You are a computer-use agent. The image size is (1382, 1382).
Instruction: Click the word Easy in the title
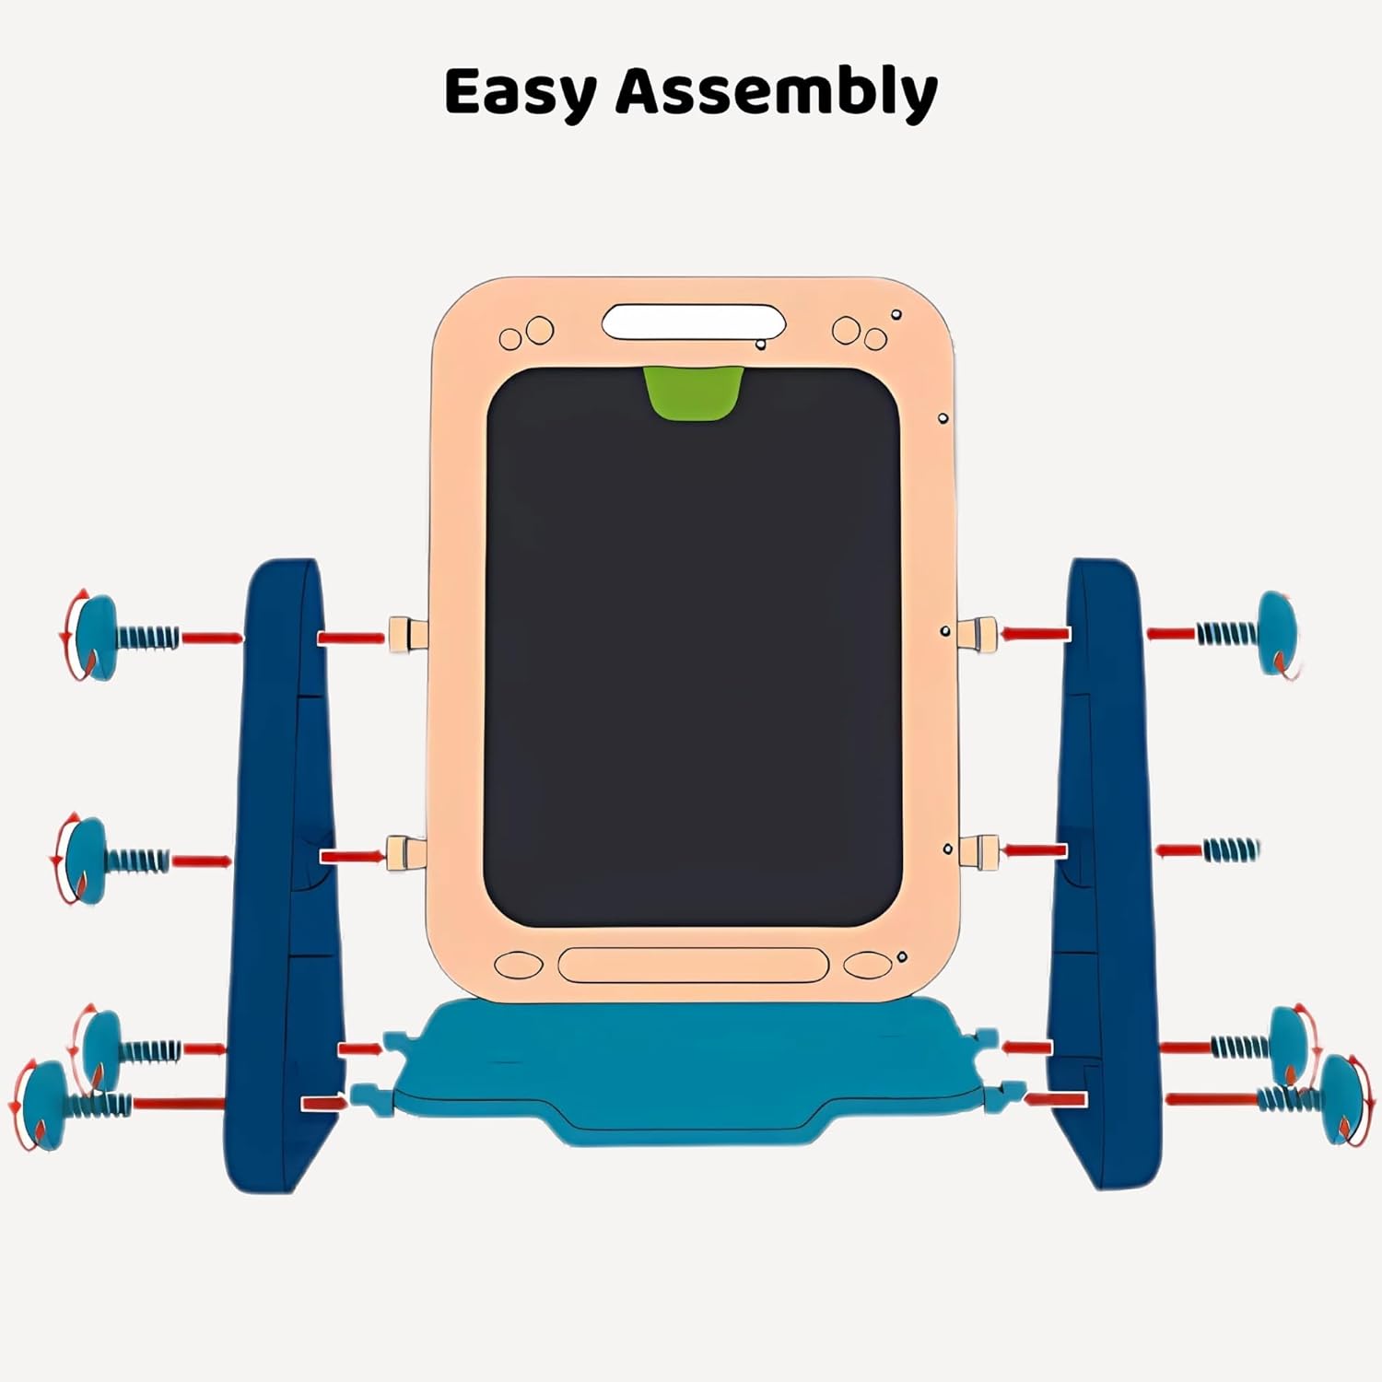tap(521, 93)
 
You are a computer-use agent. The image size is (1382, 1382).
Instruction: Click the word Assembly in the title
tap(777, 93)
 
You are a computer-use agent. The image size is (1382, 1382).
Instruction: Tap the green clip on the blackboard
tap(693, 392)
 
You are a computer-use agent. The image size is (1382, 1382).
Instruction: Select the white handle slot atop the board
tap(693, 322)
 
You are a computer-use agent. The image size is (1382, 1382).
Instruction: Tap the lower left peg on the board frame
tap(406, 853)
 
